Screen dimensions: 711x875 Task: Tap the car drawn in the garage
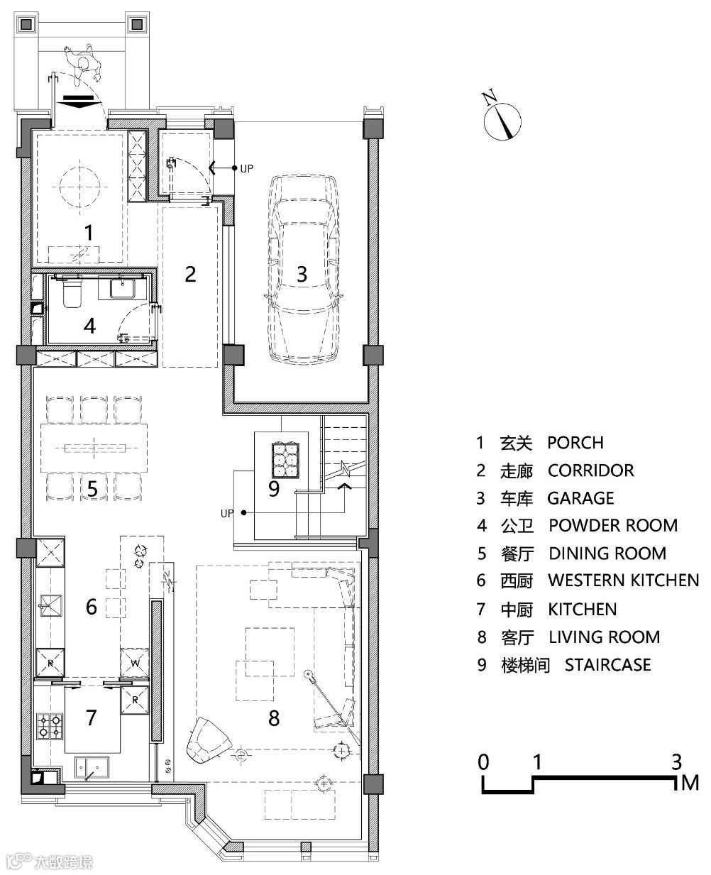tap(303, 270)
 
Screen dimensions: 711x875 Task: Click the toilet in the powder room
tap(72, 292)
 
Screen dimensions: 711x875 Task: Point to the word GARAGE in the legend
tap(580, 498)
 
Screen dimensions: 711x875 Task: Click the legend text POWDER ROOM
tap(613, 525)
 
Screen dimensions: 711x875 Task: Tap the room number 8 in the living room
tap(274, 718)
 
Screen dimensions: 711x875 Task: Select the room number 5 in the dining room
tap(92, 489)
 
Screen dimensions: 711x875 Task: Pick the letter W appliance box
tap(135, 663)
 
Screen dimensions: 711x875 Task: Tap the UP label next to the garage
tap(246, 168)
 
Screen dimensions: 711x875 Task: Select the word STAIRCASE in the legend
tap(607, 665)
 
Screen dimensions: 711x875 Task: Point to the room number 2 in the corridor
tap(191, 275)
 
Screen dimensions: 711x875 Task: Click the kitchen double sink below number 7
tap(92, 767)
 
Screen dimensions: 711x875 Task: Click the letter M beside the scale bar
tap(690, 783)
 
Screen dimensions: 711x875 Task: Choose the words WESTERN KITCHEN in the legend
tap(624, 580)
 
